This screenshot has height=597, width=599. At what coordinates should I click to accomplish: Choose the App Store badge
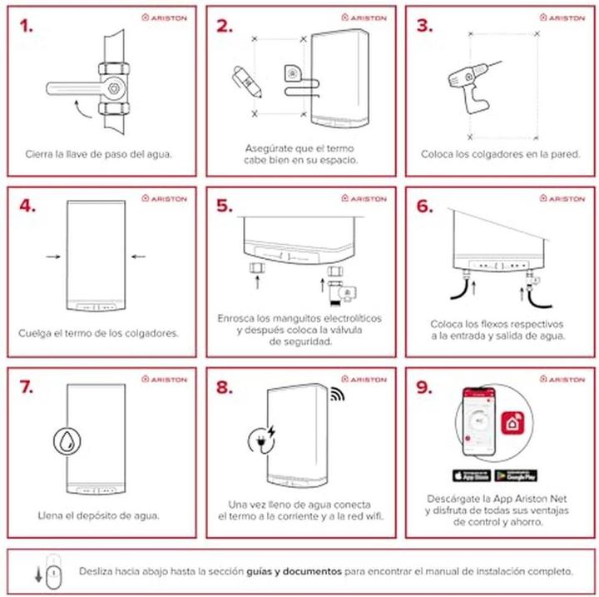pos(471,475)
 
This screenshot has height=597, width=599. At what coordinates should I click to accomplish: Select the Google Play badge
pos(516,475)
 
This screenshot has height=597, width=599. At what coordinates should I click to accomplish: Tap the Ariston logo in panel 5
pos(364,198)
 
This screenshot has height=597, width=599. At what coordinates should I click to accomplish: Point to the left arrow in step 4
pos(52,257)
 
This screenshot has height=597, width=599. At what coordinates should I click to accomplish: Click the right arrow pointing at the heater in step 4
pos(137,257)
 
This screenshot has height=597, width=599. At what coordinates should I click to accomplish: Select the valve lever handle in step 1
pos(72,87)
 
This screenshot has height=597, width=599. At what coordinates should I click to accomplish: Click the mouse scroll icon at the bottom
pos(49,574)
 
